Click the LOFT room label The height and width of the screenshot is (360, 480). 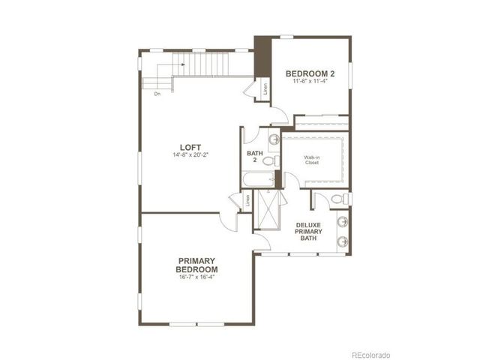tap(190, 147)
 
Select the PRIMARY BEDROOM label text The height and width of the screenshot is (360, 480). tap(196, 265)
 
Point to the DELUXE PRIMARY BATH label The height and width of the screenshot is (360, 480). tap(309, 232)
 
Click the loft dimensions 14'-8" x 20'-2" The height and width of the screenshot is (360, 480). tap(190, 156)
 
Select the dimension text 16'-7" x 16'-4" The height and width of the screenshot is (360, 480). tap(196, 278)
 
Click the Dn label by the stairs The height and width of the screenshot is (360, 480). tap(157, 94)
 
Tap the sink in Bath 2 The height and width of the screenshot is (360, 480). tap(274, 139)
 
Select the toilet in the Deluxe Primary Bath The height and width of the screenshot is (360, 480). tap(337, 199)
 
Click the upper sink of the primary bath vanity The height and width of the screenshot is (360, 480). tap(342, 222)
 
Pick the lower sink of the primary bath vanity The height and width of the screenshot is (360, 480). tap(342, 241)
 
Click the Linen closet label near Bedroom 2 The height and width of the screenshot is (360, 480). tap(265, 88)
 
